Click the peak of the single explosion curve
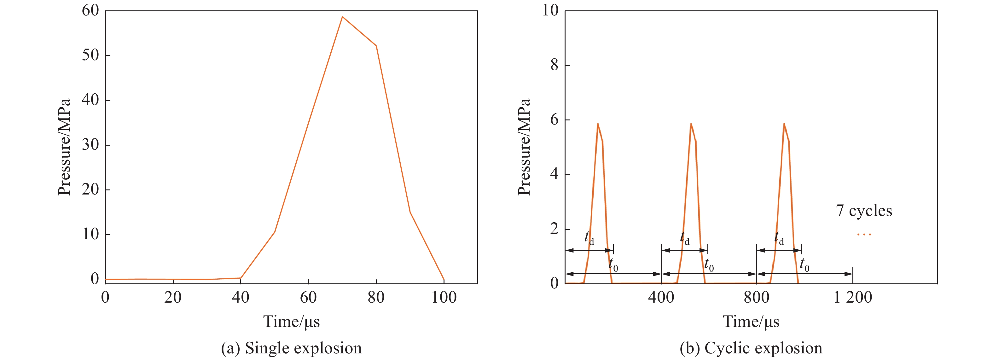pyautogui.click(x=342, y=17)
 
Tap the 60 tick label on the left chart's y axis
pyautogui.click(x=90, y=10)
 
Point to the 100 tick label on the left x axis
pyautogui.click(x=444, y=298)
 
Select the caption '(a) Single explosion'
pyautogui.click(x=291, y=348)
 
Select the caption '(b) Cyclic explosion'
pyautogui.click(x=751, y=348)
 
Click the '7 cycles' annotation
pyautogui.click(x=864, y=211)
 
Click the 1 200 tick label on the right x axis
pyautogui.click(x=853, y=298)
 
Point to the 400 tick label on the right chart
pyautogui.click(x=661, y=298)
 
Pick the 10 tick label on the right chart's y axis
pyautogui.click(x=550, y=10)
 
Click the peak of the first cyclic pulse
pyautogui.click(x=597, y=124)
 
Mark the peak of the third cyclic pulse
pyautogui.click(x=784, y=124)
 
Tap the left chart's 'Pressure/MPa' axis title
pyautogui.click(x=64, y=147)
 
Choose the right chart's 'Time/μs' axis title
pyautogui.click(x=751, y=322)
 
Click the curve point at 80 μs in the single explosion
pyautogui.click(x=376, y=46)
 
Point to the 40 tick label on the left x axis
pyautogui.click(x=241, y=298)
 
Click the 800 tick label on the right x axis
pyautogui.click(x=756, y=298)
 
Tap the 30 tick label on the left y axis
pyautogui.click(x=90, y=145)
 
